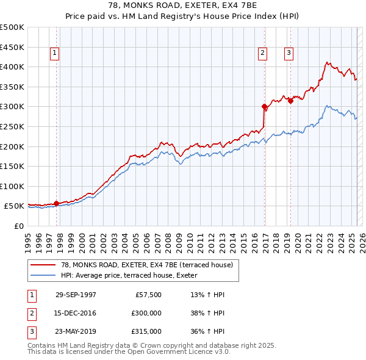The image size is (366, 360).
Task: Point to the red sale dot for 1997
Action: pos(56,203)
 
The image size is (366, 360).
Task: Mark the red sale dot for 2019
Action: pos(290,101)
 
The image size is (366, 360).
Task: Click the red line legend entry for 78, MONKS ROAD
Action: pos(146,265)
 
